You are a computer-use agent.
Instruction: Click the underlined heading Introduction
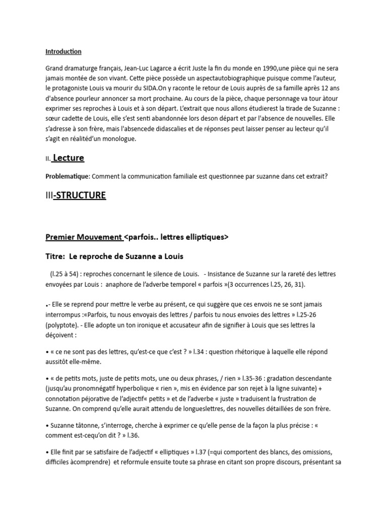[x=63, y=51]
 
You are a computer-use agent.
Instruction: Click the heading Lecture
[x=69, y=158]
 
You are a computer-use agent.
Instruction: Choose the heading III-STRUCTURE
[x=76, y=195]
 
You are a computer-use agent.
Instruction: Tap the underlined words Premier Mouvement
[x=84, y=237]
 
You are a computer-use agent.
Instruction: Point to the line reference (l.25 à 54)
[x=66, y=274]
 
